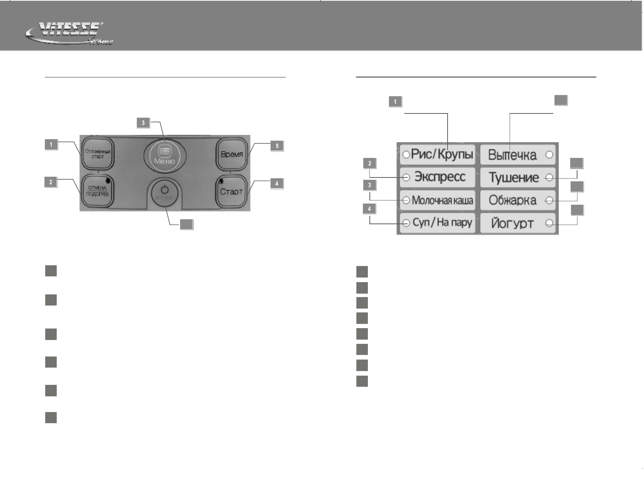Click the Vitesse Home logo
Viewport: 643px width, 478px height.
click(69, 34)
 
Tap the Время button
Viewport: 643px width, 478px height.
click(231, 154)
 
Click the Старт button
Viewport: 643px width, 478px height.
click(231, 191)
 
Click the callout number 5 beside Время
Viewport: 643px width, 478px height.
click(277, 146)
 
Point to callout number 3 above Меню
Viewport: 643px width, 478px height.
click(143, 123)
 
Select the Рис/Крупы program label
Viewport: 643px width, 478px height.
click(442, 155)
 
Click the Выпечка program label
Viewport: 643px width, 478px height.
click(512, 155)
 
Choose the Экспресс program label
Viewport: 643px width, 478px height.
click(440, 177)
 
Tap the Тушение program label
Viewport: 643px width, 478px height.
click(513, 177)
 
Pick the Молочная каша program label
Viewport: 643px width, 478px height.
click(442, 200)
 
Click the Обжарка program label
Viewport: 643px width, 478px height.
click(512, 200)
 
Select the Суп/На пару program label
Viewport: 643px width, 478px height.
click(442, 223)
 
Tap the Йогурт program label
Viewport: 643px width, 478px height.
click(512, 223)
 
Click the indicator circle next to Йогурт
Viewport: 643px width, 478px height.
click(549, 223)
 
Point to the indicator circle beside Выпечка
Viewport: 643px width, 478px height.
click(549, 155)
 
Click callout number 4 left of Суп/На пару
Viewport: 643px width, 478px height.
click(369, 209)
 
